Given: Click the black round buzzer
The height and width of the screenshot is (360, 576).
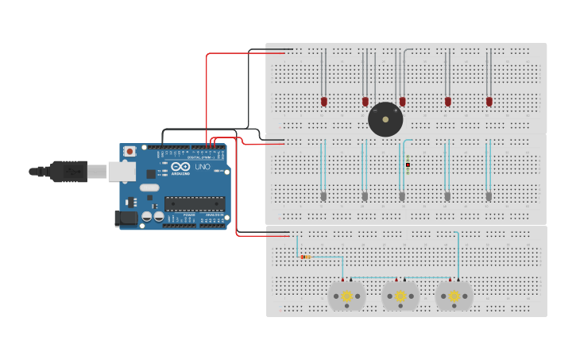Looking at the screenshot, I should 385,119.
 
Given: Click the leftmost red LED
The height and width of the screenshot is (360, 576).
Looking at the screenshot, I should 323,101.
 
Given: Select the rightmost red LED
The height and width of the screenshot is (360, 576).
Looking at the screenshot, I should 489,101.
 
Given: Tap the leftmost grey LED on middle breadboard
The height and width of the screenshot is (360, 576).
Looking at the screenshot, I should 323,195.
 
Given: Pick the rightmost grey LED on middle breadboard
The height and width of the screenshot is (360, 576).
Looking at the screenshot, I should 489,195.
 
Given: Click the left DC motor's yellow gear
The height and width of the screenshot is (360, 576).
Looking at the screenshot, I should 346,296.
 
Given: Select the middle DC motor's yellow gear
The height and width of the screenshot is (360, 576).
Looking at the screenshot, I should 400,296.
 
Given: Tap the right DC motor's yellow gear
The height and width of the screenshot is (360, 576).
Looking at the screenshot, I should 454,296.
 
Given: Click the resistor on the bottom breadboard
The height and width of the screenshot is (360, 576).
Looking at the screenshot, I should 306,257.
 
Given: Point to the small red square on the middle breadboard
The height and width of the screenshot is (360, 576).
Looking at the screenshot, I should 408,165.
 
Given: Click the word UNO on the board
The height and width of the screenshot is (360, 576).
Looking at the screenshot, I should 203,168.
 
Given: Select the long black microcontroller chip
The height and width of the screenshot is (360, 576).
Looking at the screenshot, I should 195,203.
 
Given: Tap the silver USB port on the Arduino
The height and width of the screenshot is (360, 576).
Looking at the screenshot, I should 121,170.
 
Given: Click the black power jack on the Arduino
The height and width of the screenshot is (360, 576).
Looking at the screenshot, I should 126,217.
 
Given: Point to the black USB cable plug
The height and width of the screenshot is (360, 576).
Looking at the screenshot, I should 68,170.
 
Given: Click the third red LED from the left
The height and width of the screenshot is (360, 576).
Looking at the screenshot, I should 403,101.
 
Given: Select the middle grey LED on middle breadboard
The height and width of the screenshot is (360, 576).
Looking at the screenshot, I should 402,195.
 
